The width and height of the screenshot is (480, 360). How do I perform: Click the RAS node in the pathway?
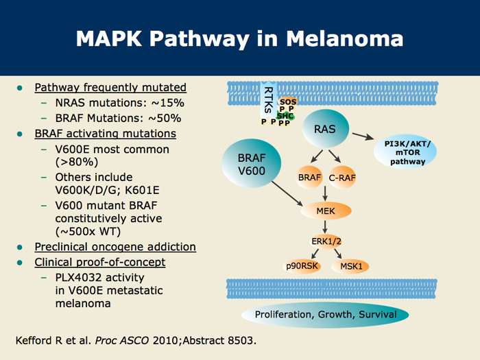pyautogui.click(x=326, y=129)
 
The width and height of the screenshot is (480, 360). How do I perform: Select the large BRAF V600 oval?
pyautogui.click(x=252, y=163)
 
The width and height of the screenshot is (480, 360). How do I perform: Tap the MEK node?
pyautogui.click(x=326, y=211)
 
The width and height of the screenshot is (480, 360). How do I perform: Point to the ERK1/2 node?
pyautogui.click(x=326, y=241)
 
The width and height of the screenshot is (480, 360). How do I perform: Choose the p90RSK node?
pyautogui.click(x=302, y=266)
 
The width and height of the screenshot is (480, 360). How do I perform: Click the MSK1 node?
pyautogui.click(x=351, y=266)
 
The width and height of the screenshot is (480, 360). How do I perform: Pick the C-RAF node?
pyautogui.click(x=342, y=177)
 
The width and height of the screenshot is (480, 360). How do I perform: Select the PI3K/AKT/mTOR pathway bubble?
pyautogui.click(x=405, y=152)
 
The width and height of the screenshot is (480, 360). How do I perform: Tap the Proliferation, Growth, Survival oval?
pyautogui.click(x=325, y=315)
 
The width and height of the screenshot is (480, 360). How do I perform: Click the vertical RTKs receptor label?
pyautogui.click(x=268, y=100)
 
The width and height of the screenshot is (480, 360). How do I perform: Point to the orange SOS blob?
pyautogui.click(x=288, y=101)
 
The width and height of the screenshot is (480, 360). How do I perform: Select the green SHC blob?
pyautogui.click(x=285, y=116)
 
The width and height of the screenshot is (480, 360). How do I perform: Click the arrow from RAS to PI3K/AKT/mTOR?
pyautogui.click(x=363, y=136)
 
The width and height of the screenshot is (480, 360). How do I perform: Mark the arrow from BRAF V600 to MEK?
pyautogui.click(x=287, y=194)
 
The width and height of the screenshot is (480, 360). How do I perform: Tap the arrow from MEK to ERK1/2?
pyautogui.click(x=325, y=227)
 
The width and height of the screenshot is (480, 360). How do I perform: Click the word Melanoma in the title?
pyautogui.click(x=344, y=38)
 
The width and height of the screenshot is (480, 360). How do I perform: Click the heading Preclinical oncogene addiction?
pyautogui.click(x=115, y=247)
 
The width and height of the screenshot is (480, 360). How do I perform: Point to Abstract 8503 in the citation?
pyautogui.click(x=219, y=340)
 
